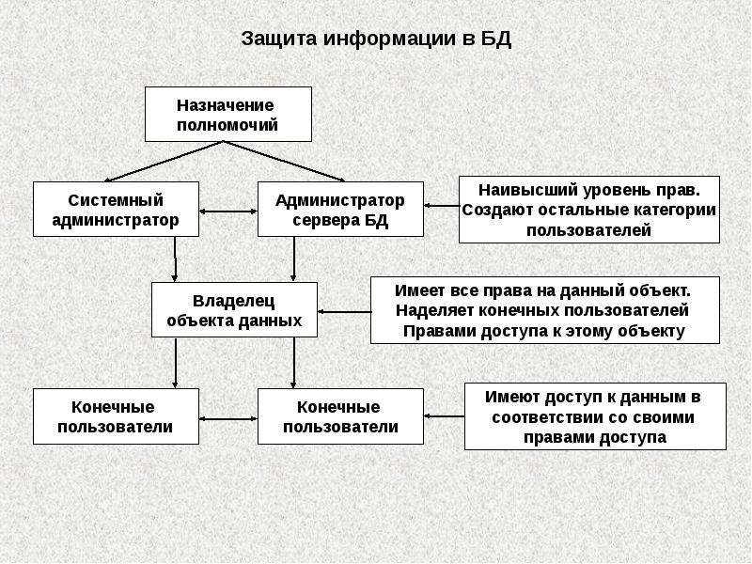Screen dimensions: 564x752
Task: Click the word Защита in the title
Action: click(280, 39)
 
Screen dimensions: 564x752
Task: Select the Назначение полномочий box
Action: click(227, 114)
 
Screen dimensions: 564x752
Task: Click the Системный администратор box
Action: click(116, 210)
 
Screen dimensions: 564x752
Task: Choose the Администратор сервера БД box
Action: click(339, 210)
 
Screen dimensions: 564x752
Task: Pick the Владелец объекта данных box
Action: click(234, 309)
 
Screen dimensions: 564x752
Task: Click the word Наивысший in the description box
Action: click(514, 188)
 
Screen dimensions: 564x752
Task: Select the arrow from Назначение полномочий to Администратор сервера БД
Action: click(287, 161)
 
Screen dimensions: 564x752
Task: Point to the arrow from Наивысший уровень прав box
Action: click(441, 205)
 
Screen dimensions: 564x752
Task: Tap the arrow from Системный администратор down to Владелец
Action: click(176, 259)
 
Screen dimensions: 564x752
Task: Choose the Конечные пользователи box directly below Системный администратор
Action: click(116, 416)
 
